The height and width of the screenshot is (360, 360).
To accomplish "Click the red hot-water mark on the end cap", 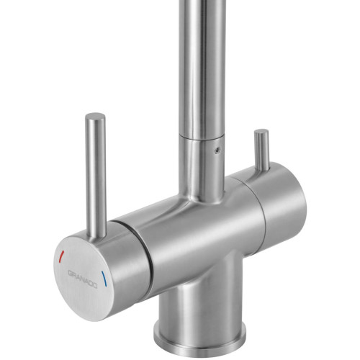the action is pos(62,256).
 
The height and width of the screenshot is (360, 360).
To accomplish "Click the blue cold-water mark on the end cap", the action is pos(104,279).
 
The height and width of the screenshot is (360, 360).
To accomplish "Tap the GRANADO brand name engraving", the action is pos(83,279).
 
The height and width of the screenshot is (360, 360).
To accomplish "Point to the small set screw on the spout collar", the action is pos(217,150).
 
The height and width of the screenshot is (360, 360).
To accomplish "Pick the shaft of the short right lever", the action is pos(262,150).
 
